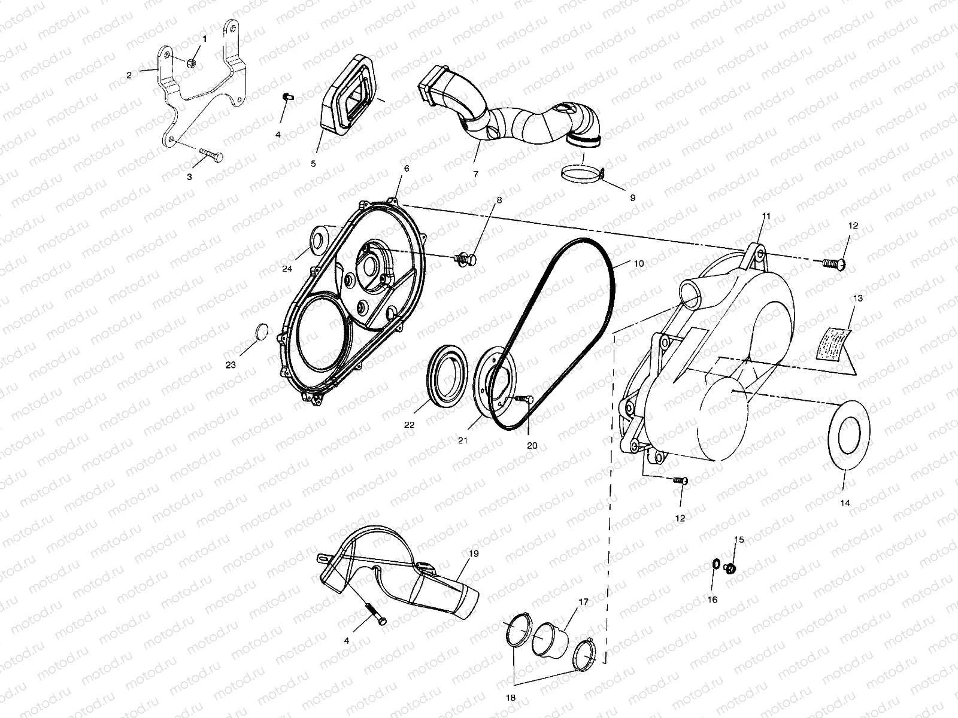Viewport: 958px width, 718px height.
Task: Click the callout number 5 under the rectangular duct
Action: click(x=313, y=163)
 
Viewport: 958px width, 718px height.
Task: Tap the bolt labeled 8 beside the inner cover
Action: click(x=467, y=259)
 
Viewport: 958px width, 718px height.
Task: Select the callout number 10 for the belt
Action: click(x=638, y=263)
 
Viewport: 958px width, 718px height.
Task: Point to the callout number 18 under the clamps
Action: click(x=511, y=698)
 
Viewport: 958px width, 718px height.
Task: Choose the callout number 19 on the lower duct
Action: click(x=474, y=553)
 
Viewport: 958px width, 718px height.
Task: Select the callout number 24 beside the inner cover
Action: click(x=287, y=269)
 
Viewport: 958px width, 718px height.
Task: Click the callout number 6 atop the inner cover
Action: click(x=407, y=169)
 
